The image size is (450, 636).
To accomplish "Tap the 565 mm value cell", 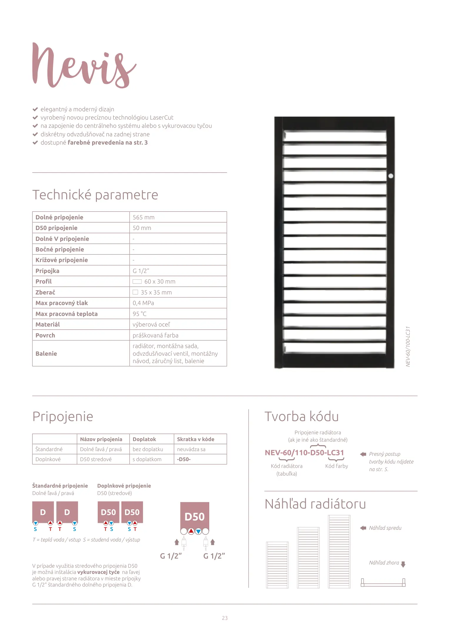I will click(x=144, y=217).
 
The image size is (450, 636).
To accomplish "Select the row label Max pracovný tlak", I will click(x=62, y=303).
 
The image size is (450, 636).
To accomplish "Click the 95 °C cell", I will click(x=140, y=314).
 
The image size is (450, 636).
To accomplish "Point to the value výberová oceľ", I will click(x=151, y=324).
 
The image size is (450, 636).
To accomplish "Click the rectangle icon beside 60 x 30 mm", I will click(x=137, y=281).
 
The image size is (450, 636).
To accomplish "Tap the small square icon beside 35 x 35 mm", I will click(x=135, y=292).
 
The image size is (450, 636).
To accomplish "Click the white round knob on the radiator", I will click(x=391, y=176).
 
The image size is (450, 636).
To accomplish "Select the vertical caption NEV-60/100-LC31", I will click(x=408, y=346).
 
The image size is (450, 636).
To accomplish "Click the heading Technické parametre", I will click(x=95, y=195).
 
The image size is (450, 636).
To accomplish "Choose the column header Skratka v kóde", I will click(x=195, y=439).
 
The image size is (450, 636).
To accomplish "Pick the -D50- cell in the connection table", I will click(x=184, y=459).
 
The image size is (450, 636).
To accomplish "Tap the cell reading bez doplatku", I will click(x=148, y=449).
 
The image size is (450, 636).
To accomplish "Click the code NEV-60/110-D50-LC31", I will click(x=304, y=453).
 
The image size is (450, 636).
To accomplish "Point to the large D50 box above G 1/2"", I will click(x=195, y=516).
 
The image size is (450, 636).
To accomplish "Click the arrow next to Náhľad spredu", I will click(x=363, y=528).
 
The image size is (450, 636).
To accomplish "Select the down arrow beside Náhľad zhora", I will click(x=403, y=564).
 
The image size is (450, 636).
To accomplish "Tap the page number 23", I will click(x=225, y=618).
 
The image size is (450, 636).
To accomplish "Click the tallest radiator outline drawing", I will click(x=339, y=551).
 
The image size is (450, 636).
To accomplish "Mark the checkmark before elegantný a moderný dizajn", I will click(x=35, y=109).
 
